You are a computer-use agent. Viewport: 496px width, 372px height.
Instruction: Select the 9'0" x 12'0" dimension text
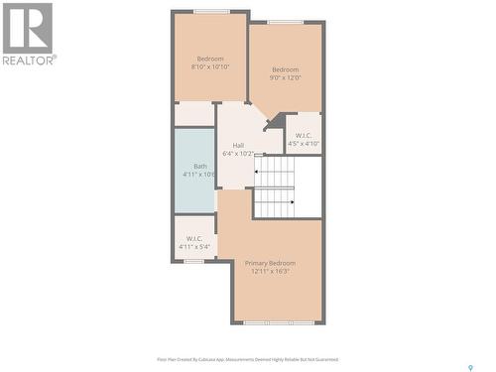pyautogui.click(x=286, y=77)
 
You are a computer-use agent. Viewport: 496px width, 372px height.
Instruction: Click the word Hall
pyautogui.click(x=238, y=146)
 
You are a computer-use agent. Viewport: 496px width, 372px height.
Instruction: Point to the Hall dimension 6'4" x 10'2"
pyautogui.click(x=238, y=154)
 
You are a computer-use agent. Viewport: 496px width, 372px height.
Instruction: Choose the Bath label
pyautogui.click(x=200, y=166)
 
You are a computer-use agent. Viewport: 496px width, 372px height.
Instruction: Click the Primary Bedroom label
pyautogui.click(x=270, y=262)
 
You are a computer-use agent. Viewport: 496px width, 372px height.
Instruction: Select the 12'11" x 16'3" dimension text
pyautogui.click(x=270, y=271)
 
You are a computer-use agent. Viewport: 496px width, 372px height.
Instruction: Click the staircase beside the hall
pyautogui.click(x=275, y=188)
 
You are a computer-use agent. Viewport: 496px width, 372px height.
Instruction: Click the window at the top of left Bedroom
pyautogui.click(x=211, y=12)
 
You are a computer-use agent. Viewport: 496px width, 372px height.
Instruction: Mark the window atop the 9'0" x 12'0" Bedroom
pyautogui.click(x=286, y=22)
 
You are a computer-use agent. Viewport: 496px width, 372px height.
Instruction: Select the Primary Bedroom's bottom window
pyautogui.click(x=277, y=322)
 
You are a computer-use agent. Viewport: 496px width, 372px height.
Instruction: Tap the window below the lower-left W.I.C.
pyautogui.click(x=194, y=261)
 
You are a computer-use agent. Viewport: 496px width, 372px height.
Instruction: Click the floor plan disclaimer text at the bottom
pyautogui.click(x=248, y=359)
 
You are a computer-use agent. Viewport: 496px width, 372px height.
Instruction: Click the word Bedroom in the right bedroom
pyautogui.click(x=286, y=69)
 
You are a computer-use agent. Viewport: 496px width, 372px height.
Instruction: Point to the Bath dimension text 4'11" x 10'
pyautogui.click(x=199, y=175)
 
